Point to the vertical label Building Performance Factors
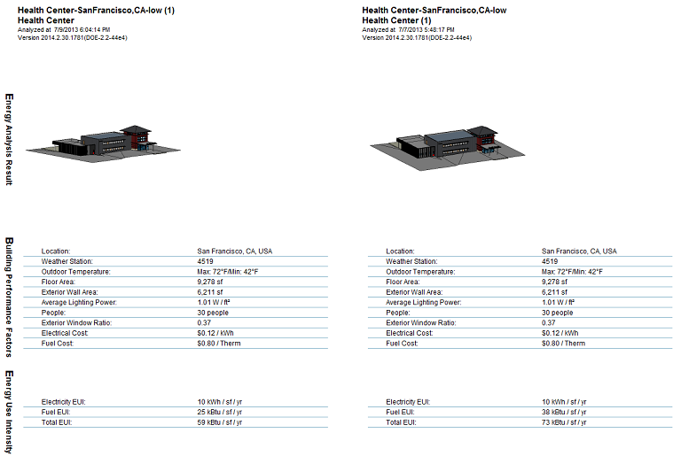pos(9,298)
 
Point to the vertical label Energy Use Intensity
pos(9,412)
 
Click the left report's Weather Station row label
pos(67,262)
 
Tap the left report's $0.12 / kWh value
pos(216,333)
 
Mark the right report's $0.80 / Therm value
pos(564,343)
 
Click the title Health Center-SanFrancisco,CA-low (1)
pos(100,10)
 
